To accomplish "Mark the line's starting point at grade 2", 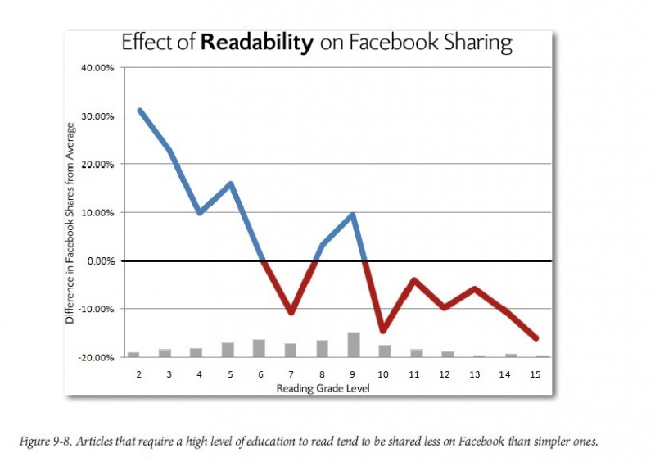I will click(139, 111).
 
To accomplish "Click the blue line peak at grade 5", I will click(231, 183).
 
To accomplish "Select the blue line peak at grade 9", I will click(353, 215).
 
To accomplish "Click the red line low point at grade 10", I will click(383, 331).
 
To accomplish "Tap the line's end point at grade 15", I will click(536, 337).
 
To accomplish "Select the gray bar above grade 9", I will click(354, 345).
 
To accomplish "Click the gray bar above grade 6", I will click(260, 348).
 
